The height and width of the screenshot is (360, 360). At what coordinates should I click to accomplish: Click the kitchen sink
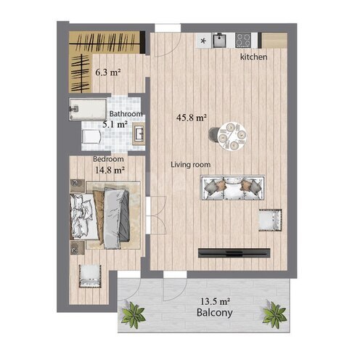[219, 40]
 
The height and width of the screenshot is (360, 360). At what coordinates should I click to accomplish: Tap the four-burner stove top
[242, 40]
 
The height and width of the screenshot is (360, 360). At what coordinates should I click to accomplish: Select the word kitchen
[253, 57]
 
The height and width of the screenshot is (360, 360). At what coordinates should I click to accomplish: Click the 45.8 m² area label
[192, 118]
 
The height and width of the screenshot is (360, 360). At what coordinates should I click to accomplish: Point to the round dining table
[232, 136]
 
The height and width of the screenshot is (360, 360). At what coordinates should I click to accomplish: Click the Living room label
[191, 165]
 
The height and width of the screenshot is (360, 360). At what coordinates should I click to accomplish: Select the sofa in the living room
[233, 188]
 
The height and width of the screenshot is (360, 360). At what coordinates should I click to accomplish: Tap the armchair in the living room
[270, 220]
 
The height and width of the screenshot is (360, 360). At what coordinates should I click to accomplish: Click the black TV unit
[234, 253]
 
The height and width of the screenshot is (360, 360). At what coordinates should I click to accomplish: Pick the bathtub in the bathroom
[88, 109]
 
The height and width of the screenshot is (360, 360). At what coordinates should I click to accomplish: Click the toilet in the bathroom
[91, 137]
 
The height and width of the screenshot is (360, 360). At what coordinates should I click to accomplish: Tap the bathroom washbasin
[139, 134]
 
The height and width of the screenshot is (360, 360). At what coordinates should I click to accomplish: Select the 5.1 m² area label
[115, 125]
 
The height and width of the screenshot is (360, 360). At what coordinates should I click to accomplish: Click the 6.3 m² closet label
[108, 72]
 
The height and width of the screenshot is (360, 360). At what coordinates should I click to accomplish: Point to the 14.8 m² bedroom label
[110, 170]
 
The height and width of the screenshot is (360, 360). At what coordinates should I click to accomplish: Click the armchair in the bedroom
[90, 276]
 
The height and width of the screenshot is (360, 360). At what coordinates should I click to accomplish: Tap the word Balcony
[215, 313]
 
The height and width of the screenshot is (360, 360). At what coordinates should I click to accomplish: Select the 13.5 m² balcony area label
[215, 301]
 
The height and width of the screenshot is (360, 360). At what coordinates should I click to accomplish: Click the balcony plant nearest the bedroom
[133, 314]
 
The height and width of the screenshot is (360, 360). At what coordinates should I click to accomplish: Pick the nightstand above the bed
[78, 186]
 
